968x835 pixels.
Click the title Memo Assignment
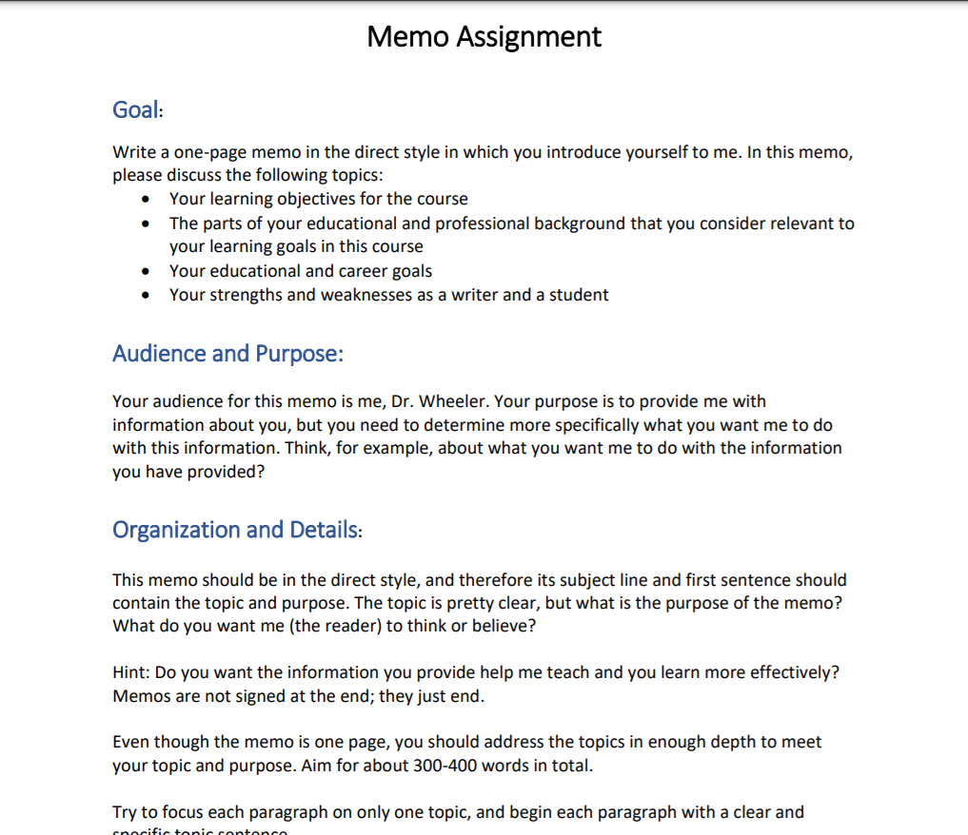tap(484, 37)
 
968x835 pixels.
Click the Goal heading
tap(136, 110)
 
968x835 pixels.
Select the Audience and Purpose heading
tap(227, 354)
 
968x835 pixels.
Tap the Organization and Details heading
tap(236, 530)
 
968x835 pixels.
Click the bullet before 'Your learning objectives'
tap(145, 200)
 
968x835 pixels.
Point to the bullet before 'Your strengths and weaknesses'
tap(145, 296)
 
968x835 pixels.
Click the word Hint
tap(128, 673)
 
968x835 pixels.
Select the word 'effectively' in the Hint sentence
tap(793, 673)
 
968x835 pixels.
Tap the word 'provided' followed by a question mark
tap(225, 472)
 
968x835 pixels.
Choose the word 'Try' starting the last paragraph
tap(126, 812)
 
